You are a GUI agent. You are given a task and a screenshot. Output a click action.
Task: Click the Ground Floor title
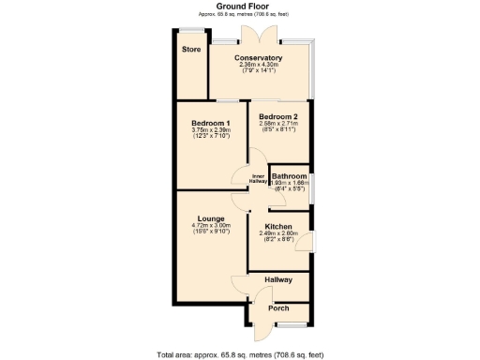tap(240, 6)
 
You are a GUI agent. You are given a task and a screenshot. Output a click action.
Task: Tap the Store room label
tap(191, 49)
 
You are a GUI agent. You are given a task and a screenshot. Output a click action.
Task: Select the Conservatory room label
tap(259, 58)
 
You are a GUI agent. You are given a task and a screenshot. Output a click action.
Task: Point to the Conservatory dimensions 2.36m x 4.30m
tap(259, 66)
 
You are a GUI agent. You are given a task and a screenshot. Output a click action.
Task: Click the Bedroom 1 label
tap(211, 123)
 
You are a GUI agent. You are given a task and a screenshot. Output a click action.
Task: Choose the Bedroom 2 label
tap(277, 116)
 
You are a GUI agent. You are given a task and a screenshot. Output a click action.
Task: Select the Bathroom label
tap(289, 176)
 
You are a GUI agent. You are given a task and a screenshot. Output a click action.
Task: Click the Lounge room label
tap(210, 218)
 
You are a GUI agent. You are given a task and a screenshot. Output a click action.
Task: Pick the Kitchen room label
tap(277, 227)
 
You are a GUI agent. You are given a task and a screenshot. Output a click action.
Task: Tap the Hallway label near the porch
tap(278, 280)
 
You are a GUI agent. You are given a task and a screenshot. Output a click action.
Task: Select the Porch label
tap(278, 308)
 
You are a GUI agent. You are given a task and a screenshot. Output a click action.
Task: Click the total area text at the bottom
tap(240, 354)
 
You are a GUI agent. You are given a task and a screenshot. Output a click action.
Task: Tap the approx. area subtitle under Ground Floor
tap(240, 14)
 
